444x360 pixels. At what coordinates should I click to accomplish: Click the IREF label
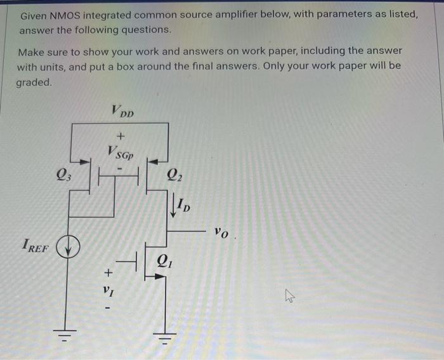35,245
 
